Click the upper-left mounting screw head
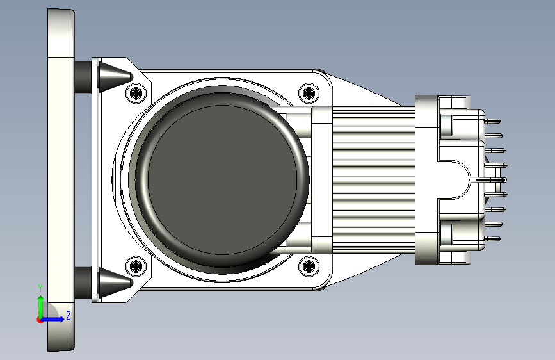pyautogui.click(x=136, y=93)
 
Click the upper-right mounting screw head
pyautogui.click(x=309, y=93)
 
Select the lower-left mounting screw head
pyautogui.click(x=136, y=265)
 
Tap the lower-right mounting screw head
pyautogui.click(x=309, y=265)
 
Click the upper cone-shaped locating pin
pyautogui.click(x=115, y=77)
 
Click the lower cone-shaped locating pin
pyautogui.click(x=115, y=282)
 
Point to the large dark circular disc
pyautogui.click(x=222, y=179)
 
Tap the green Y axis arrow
pyautogui.click(x=41, y=307)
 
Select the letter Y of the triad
pyautogui.click(x=40, y=288)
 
